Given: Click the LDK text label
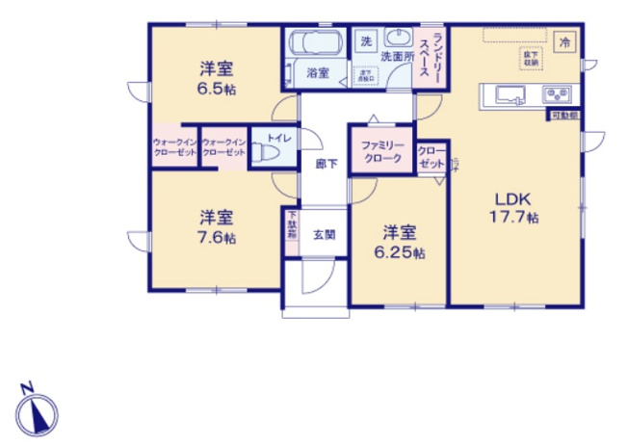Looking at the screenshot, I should [512, 199].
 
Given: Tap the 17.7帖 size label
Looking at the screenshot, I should [512, 218].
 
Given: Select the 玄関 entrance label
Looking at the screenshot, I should [324, 235].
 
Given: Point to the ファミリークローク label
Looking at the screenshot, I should [380, 151].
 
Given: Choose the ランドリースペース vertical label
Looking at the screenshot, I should [435, 60].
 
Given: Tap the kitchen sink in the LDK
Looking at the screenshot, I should [510, 95].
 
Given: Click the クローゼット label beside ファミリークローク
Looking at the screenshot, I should [431, 157].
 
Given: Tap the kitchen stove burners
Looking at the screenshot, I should [557, 95].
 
